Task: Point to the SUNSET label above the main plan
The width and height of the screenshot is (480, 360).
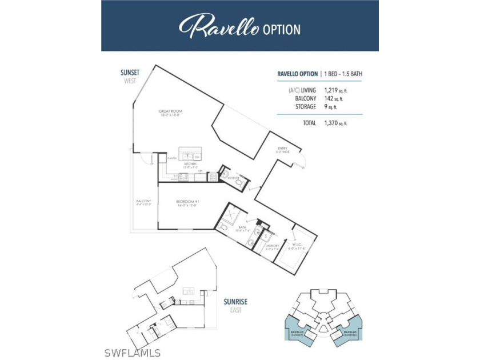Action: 130,73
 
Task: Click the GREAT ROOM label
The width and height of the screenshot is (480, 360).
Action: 170,113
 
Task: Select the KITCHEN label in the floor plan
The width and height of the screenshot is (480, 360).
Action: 190,165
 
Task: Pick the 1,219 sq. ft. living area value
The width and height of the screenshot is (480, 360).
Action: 334,90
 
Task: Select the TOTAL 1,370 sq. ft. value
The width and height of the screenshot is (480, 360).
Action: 334,123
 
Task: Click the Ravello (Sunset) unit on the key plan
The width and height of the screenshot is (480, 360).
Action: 300,331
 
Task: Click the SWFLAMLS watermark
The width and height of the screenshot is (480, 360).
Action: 135,353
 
